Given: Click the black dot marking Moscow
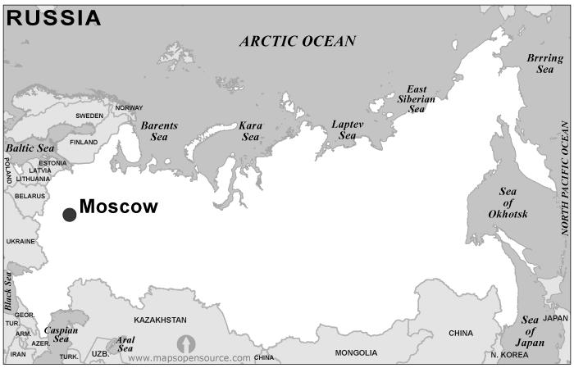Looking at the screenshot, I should click(x=70, y=215).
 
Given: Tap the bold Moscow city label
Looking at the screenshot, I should click(x=118, y=207).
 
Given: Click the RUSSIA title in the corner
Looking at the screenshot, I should click(x=54, y=18).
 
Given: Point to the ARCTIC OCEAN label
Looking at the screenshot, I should click(x=298, y=41).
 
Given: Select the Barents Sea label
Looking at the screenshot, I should click(x=159, y=131).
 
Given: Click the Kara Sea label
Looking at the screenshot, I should click(x=250, y=131).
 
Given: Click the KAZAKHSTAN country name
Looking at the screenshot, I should click(x=160, y=320).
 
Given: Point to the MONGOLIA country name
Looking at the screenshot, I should click(x=356, y=352).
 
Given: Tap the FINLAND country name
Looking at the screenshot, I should click(x=84, y=142).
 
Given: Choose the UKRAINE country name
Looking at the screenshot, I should click(x=21, y=242).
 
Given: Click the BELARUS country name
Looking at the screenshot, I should click(x=30, y=197).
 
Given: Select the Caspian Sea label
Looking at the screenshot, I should click(x=61, y=334).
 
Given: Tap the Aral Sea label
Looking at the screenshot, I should click(x=125, y=343).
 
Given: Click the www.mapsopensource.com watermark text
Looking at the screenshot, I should click(x=189, y=358).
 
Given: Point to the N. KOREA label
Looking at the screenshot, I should click(x=508, y=355).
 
